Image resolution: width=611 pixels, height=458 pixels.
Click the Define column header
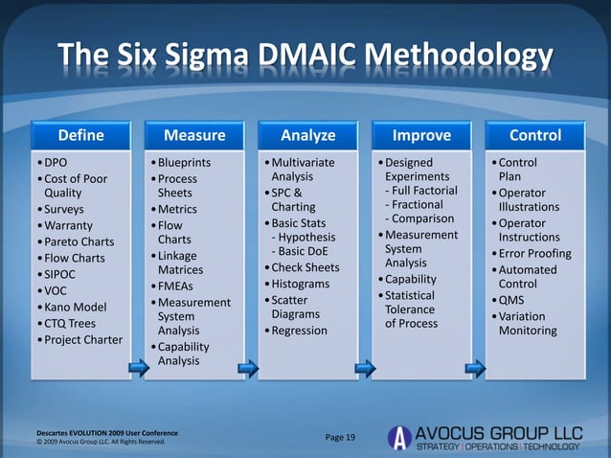tap(79, 135)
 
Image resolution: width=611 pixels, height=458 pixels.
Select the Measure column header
tap(194, 135)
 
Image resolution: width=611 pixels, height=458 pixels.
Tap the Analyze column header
tap(307, 135)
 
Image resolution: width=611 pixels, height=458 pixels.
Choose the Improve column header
tap(421, 135)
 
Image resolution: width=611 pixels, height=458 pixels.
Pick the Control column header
tap(535, 135)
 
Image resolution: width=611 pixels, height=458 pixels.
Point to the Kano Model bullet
tap(73, 308)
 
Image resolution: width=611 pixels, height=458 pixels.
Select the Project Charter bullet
tap(80, 340)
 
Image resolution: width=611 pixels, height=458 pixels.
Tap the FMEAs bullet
tap(177, 286)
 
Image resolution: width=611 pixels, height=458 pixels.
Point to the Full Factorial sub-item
tap(420, 191)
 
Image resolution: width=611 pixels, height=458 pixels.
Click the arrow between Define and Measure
tap(135, 368)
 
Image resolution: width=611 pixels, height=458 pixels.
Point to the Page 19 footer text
tap(340, 438)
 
